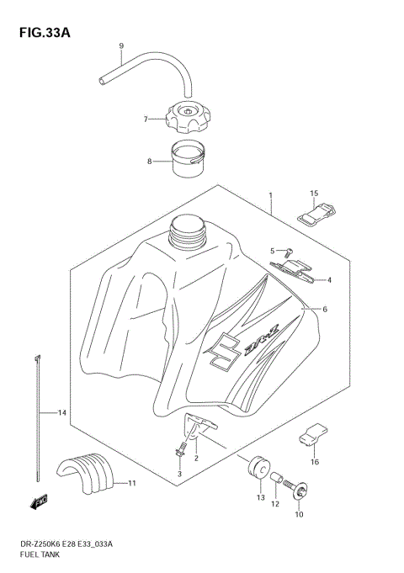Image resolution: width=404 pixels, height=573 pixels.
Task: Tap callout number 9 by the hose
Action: click(120, 45)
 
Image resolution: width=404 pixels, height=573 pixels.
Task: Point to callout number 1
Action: click(270, 194)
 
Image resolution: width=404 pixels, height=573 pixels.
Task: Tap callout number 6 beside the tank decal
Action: click(324, 310)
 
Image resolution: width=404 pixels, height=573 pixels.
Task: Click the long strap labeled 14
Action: click(40, 404)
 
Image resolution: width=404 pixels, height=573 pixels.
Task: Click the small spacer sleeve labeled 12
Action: click(275, 483)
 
